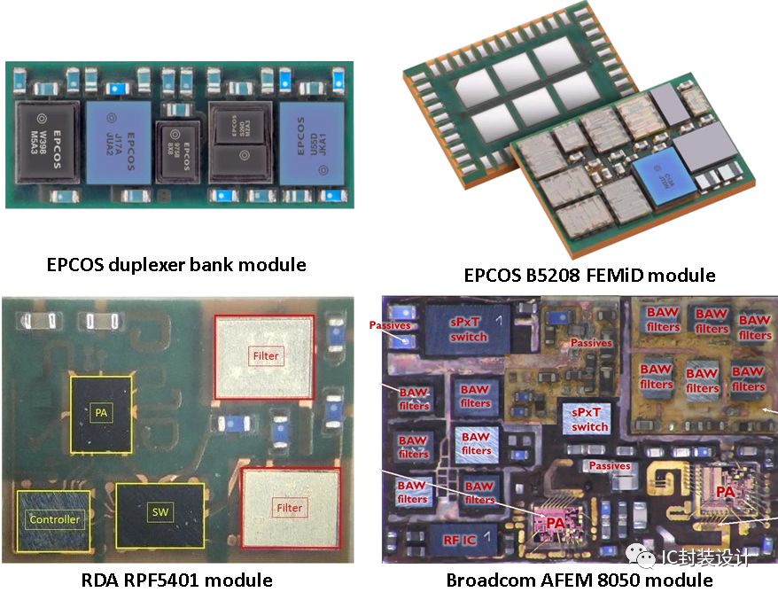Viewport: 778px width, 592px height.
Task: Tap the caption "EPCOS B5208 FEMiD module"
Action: click(x=589, y=275)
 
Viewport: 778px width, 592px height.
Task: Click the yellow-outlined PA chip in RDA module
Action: click(x=101, y=410)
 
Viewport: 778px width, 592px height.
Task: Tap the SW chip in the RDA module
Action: click(x=159, y=512)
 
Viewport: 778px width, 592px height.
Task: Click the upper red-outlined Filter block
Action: click(x=265, y=355)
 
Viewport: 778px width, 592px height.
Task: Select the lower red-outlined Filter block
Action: click(x=289, y=508)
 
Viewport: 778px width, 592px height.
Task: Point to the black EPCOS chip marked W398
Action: click(x=50, y=144)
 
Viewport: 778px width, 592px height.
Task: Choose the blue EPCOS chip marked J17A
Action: click(x=119, y=144)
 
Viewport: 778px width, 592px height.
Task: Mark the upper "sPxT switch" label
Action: click(x=469, y=329)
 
